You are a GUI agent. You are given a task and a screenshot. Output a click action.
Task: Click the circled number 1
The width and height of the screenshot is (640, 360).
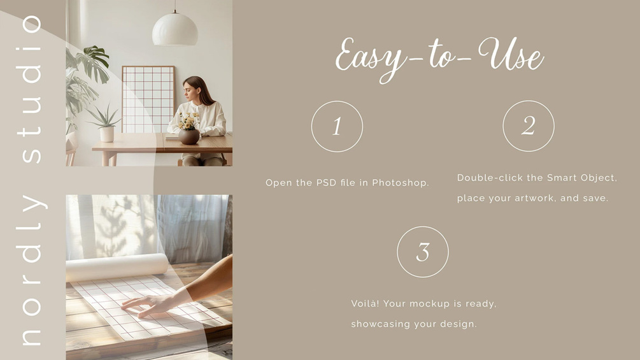point(337,127)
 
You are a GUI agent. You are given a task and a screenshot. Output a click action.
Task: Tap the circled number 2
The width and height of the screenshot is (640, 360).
point(529,126)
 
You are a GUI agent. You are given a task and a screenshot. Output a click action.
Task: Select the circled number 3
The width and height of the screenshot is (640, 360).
point(423,252)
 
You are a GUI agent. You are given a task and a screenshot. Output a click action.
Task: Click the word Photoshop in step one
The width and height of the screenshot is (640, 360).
point(400,183)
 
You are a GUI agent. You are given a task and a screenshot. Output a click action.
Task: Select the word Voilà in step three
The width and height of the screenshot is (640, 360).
point(365,303)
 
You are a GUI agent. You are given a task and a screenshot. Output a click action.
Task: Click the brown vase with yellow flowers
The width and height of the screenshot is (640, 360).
point(189,136)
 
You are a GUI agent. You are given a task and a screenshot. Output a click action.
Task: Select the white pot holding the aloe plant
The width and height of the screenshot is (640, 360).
point(107,134)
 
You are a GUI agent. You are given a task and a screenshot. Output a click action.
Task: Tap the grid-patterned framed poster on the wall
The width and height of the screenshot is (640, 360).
point(148,99)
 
